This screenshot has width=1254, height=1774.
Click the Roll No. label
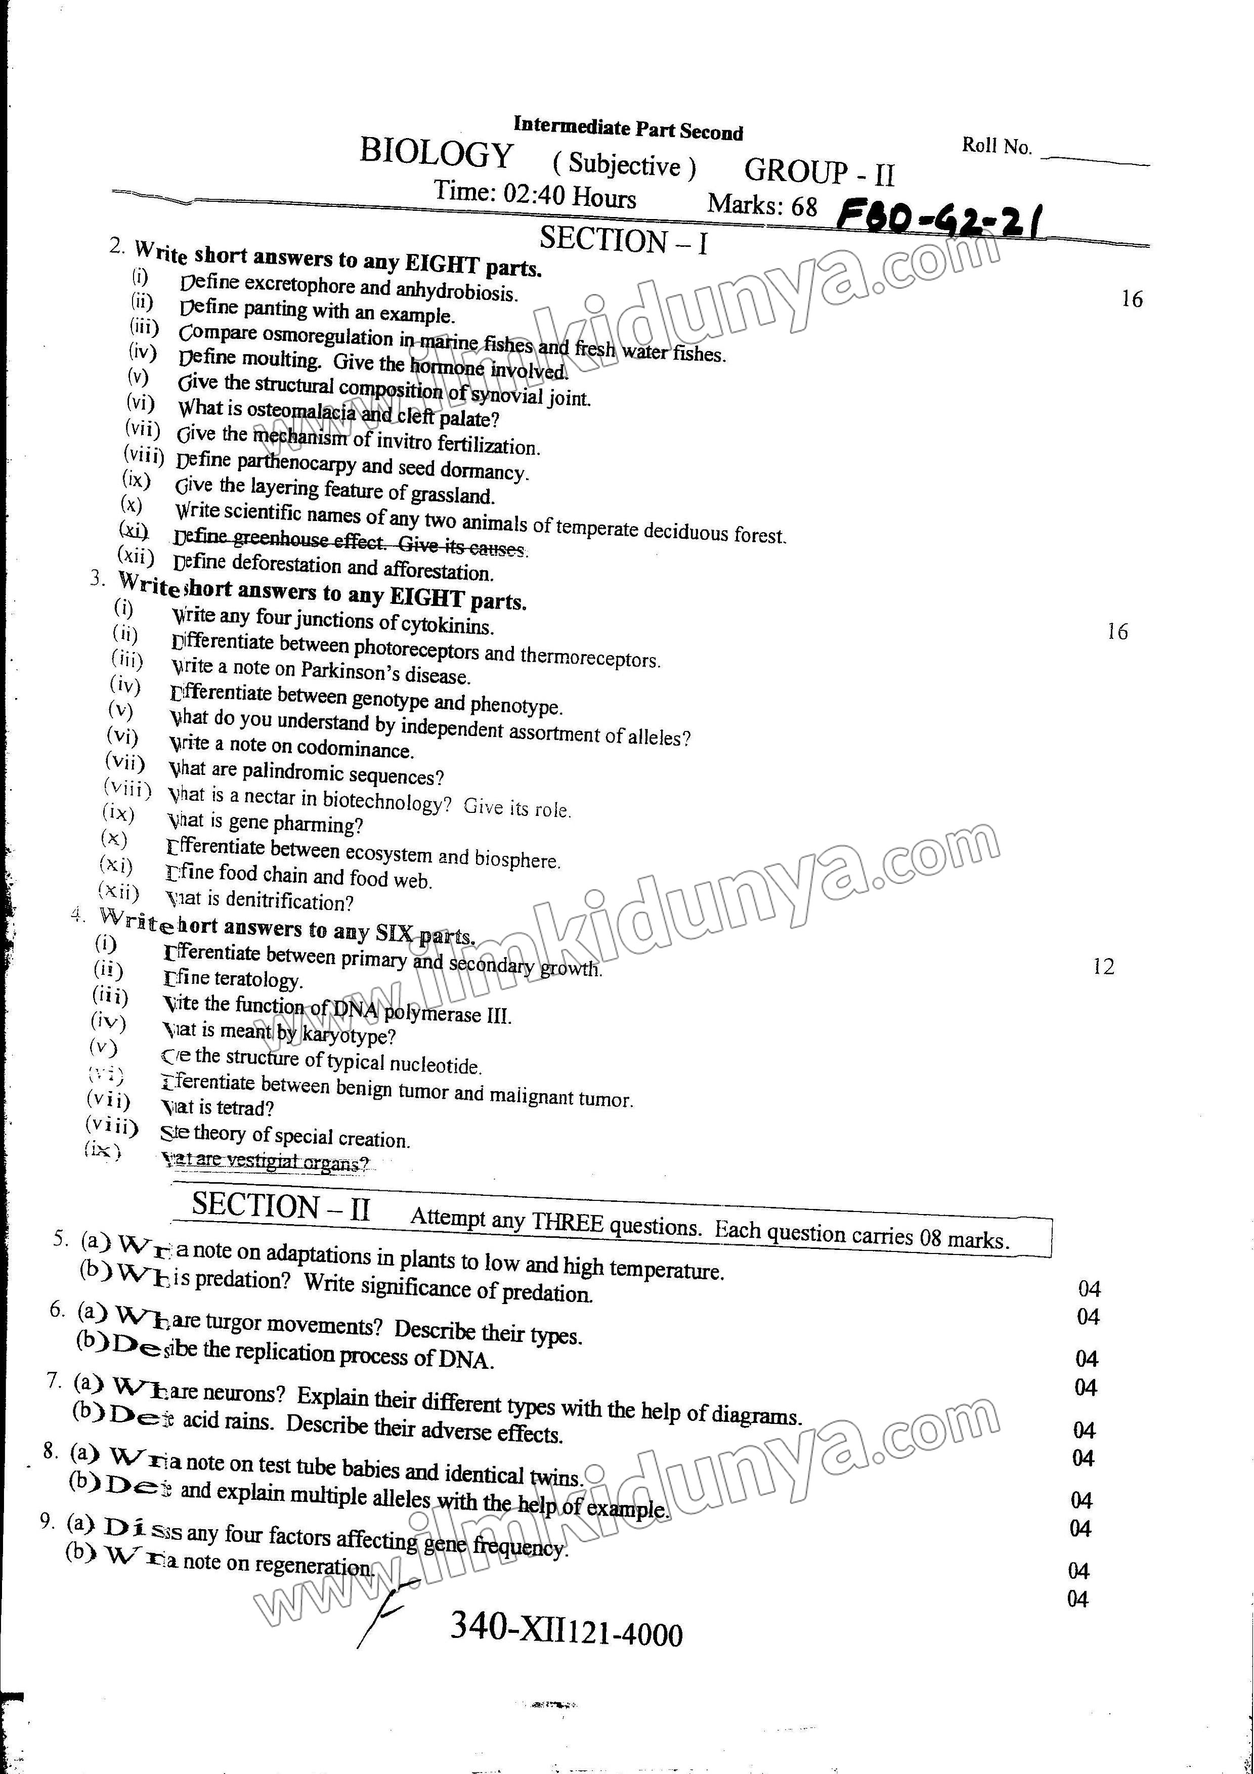(997, 146)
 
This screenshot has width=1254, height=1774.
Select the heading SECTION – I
(623, 240)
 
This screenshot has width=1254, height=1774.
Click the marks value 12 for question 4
(1103, 967)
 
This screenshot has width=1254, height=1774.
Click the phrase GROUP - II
(819, 171)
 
